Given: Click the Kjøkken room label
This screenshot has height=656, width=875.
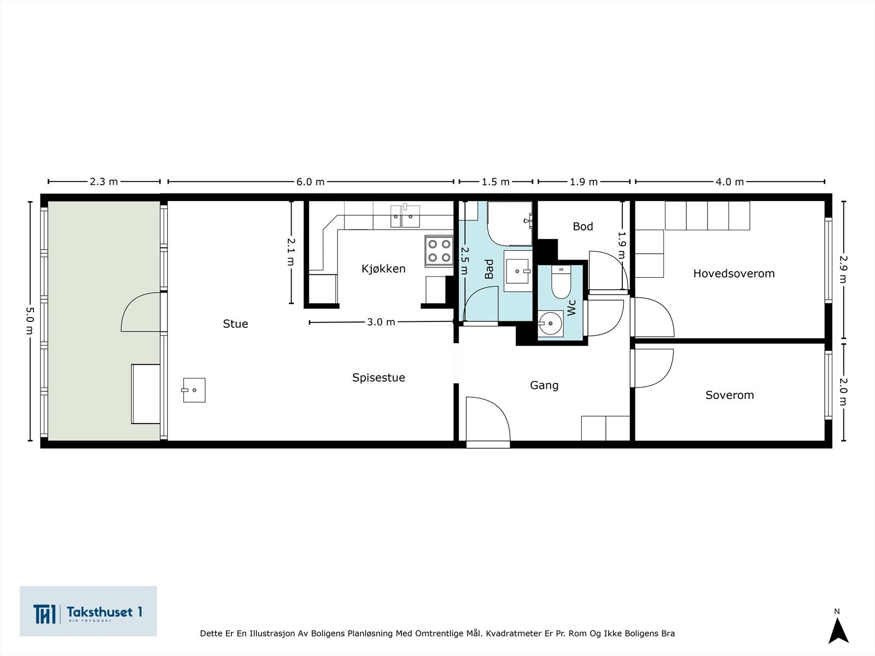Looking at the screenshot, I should tap(383, 268).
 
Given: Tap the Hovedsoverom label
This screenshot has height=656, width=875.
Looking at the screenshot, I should tap(733, 273).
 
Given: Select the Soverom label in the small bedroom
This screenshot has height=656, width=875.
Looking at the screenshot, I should tap(729, 395).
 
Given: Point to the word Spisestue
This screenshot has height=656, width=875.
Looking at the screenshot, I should tap(378, 377).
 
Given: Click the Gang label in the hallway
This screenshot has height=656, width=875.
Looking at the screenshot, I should tap(544, 385).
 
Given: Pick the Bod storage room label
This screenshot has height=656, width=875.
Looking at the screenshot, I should tap(582, 226).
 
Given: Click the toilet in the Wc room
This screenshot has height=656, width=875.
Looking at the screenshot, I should tap(561, 282).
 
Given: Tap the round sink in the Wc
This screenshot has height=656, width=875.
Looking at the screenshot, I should tap(550, 323).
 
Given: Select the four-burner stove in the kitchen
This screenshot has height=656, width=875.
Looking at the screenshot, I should tap(439, 250).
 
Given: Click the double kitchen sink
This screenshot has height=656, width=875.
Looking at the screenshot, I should tap(405, 216).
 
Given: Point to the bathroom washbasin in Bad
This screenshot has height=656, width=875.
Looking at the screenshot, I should tap(517, 271).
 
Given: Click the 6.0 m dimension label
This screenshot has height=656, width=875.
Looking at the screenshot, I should tap(310, 182).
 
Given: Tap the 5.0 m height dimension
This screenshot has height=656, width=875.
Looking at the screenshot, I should tap(30, 320).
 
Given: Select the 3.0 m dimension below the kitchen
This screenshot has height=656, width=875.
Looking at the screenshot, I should tap(381, 322).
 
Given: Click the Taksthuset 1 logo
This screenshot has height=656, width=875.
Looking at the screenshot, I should tap(88, 611).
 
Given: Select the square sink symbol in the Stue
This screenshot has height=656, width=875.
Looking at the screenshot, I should tap(194, 390).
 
